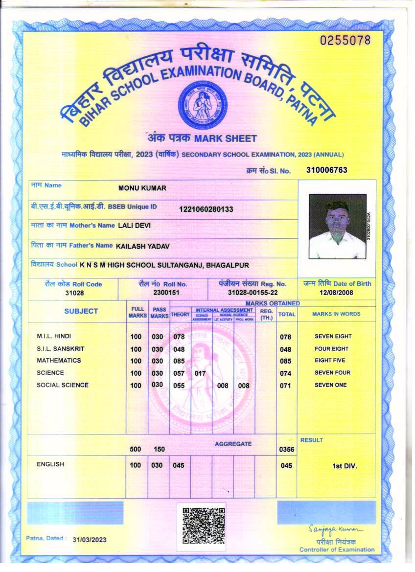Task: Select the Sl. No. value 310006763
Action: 326,170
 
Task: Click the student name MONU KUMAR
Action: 142,188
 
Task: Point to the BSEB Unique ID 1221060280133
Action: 206,209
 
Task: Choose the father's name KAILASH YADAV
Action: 142,246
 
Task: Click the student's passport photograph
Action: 338,227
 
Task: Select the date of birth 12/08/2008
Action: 337,292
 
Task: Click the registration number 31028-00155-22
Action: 253,292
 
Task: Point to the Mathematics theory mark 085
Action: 179,361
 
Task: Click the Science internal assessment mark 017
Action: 200,373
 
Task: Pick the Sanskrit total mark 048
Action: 285,349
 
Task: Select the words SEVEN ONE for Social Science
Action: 330,385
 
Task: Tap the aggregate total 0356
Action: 286,449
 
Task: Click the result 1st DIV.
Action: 345,466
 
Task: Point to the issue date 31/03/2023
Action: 89,540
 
